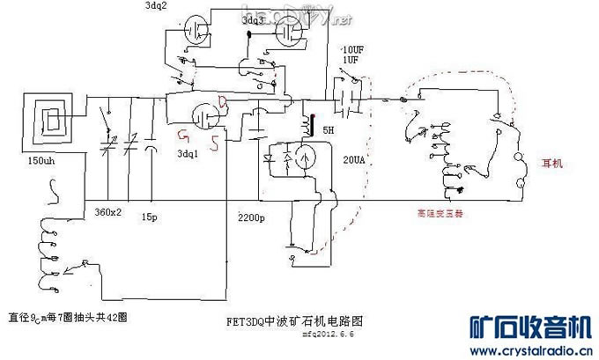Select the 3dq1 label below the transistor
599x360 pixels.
click(x=188, y=153)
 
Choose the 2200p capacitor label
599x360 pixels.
click(x=253, y=217)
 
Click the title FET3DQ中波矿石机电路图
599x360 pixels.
click(x=294, y=321)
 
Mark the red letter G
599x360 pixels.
click(x=183, y=135)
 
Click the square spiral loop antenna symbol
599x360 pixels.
click(x=50, y=124)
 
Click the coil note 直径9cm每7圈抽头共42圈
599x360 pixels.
click(x=67, y=317)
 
